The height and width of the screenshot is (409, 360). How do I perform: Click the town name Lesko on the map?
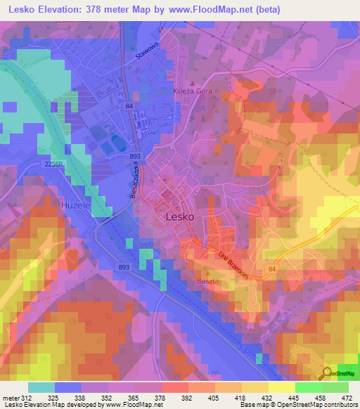point(179,217)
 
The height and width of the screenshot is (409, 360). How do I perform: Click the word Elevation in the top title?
point(60,10)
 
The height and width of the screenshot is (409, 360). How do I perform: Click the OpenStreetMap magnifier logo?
point(327,372)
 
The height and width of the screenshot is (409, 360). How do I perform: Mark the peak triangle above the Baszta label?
point(208,272)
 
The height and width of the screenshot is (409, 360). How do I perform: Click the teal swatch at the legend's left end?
point(41,387)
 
